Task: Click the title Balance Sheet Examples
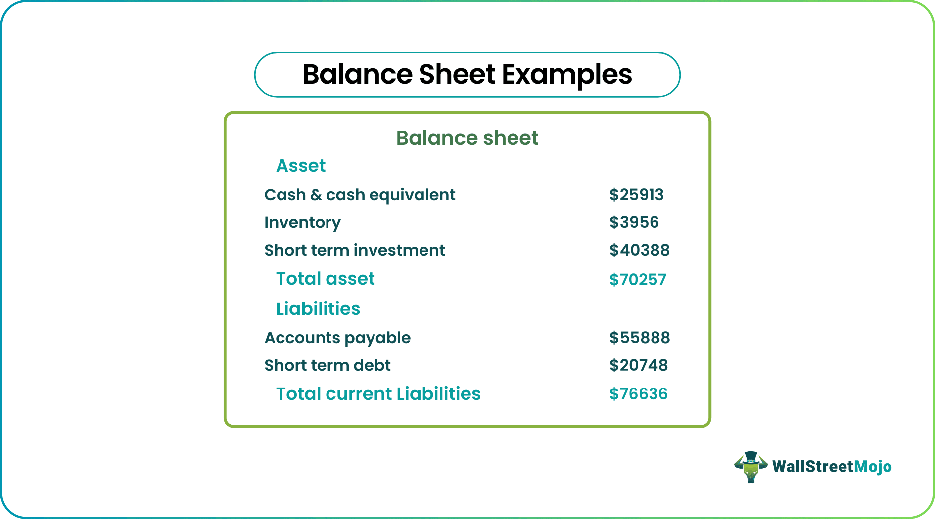pos(467,75)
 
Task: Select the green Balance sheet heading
pos(467,138)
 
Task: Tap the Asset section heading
pos(301,165)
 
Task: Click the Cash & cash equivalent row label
pos(360,195)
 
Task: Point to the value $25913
pos(636,195)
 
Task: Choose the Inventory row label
pos(302,223)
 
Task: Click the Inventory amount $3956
pos(634,222)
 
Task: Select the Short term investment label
pos(355,250)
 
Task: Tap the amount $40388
pos(639,250)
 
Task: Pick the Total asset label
pos(326,279)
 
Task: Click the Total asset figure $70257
pos(638,280)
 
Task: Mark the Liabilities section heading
pos(318,308)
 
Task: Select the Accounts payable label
pos(337,338)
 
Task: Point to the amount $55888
pos(640,338)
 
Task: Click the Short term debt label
pos(327,365)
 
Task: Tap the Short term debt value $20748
pos(639,365)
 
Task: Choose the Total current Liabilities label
pos(378,394)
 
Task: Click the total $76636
pos(639,394)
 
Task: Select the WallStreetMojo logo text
pos(832,467)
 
